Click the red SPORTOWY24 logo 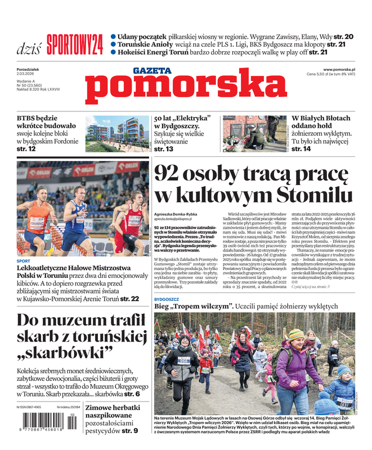point(74,44)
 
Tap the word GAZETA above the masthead point(151,70)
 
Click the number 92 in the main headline point(169,174)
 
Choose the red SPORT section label point(24,261)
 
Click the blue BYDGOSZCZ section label point(167,300)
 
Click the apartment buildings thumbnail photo point(116,134)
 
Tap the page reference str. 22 point(129,299)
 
